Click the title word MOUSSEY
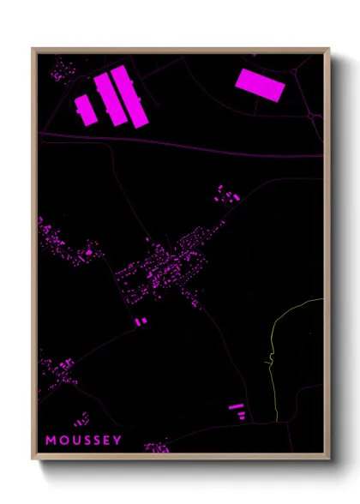pos(83,441)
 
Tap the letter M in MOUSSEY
pos(51,441)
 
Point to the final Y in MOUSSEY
pos(117,441)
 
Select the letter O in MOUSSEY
pos(63,441)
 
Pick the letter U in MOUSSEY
pos(75,441)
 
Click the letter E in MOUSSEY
pos(106,441)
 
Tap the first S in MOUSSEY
pos(85,441)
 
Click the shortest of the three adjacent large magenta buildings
pos(85,109)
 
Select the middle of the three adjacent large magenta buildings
pos(109,99)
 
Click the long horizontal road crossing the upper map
pos(180,146)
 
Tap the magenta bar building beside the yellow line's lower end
pos(236,406)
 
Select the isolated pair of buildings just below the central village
pos(141,321)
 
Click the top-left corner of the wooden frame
pos(33,49)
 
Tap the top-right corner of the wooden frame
pos(329,49)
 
